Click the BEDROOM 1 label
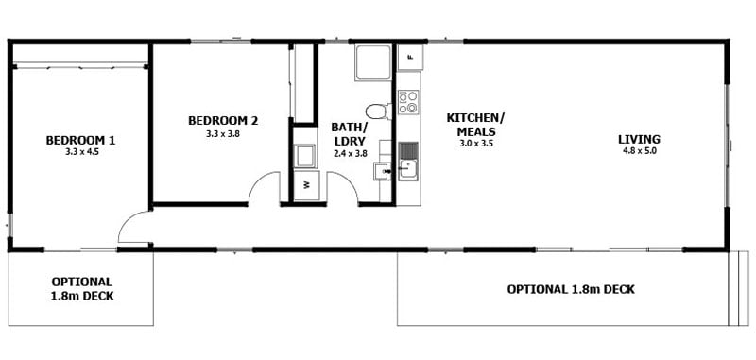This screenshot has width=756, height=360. click(80, 141)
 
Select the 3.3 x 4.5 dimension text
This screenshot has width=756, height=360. click(80, 152)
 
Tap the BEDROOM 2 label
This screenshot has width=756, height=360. click(223, 121)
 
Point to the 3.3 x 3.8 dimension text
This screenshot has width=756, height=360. click(223, 134)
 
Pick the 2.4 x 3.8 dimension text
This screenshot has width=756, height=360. click(350, 152)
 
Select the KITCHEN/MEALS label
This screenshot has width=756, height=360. click(475, 125)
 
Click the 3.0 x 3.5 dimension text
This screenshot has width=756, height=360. click(475, 144)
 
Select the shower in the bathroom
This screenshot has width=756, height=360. click(373, 62)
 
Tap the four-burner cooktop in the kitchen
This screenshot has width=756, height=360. click(408, 102)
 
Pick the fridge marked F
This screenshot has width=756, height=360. click(409, 57)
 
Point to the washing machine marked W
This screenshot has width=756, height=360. click(306, 185)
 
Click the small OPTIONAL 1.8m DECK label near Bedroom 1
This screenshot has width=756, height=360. click(81, 289)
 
